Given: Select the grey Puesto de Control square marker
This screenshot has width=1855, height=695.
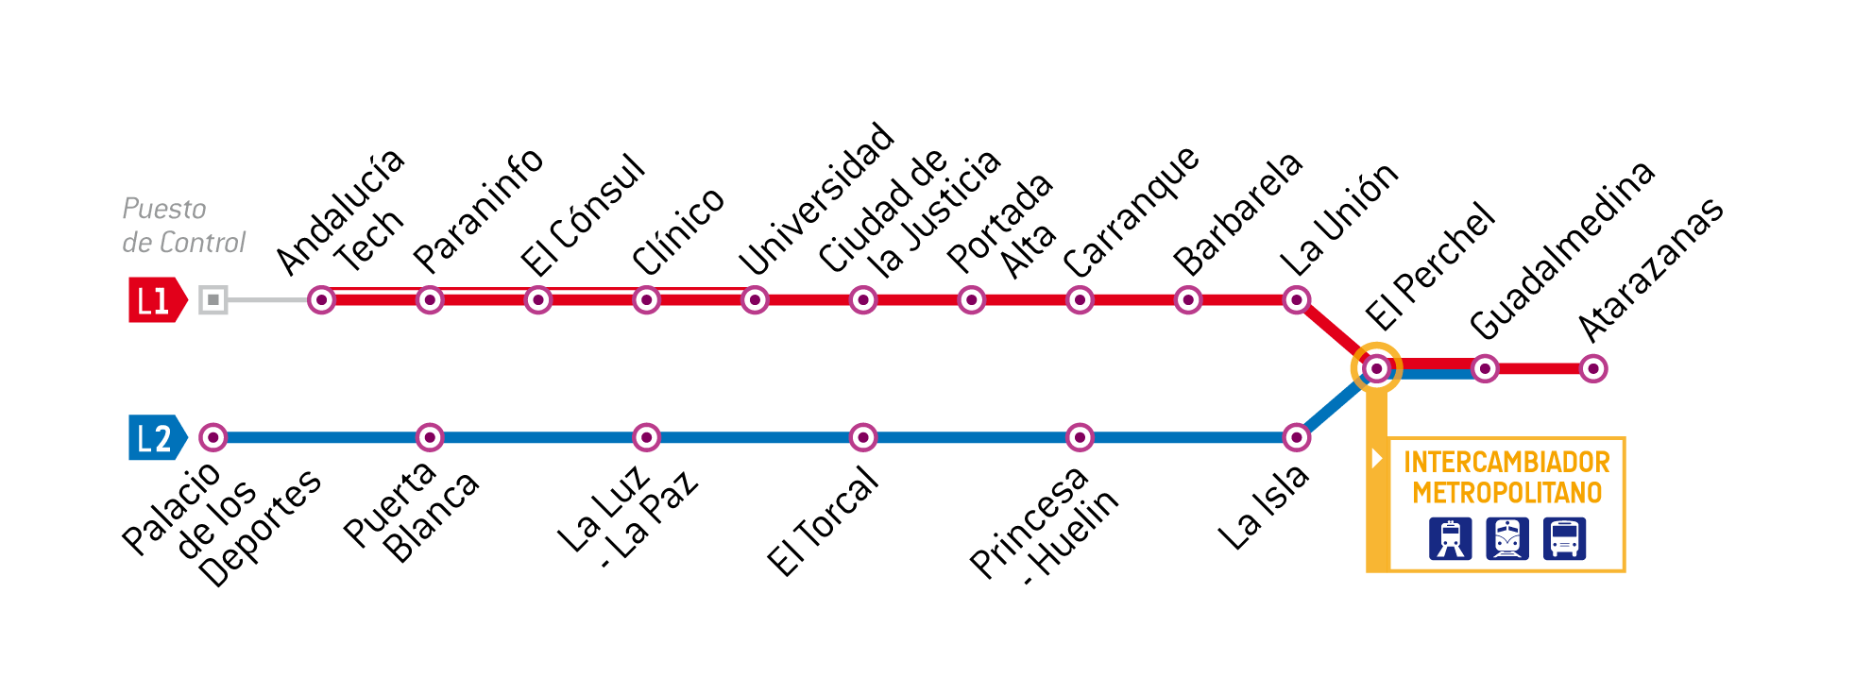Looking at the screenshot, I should (213, 300).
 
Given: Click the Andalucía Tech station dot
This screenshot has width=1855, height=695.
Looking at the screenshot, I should (322, 300).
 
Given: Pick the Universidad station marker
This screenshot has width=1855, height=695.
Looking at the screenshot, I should (755, 300).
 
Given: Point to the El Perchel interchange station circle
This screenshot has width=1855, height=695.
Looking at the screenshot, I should (1377, 368).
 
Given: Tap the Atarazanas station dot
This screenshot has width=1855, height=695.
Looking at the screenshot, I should (1593, 368).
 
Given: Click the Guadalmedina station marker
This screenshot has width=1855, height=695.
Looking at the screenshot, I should (1485, 368).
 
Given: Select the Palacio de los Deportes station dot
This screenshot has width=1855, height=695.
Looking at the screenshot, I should (213, 437).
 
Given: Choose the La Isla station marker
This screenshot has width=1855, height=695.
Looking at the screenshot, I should (1297, 437).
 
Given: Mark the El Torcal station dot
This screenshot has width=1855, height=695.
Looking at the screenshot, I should (863, 437).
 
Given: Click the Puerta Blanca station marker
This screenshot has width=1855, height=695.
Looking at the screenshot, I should (430, 437).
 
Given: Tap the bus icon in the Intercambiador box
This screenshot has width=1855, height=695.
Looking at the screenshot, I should (1564, 539).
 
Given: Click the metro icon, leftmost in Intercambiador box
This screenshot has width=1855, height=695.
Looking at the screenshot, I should (1450, 539).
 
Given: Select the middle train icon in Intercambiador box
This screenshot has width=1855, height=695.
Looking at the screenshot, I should (1507, 539).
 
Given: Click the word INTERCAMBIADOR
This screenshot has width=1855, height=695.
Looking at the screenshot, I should (1506, 462).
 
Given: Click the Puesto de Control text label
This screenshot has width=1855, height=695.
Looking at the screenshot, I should (183, 226).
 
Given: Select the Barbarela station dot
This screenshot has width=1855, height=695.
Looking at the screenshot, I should (1188, 300).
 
